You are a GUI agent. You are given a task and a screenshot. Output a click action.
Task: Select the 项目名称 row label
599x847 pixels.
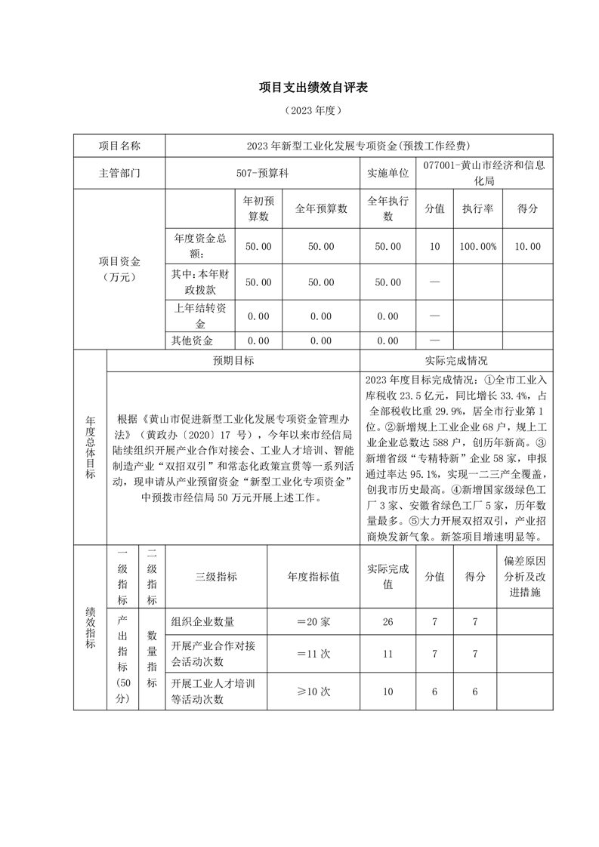click(x=119, y=146)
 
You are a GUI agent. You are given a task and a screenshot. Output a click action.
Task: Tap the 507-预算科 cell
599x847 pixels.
click(x=262, y=173)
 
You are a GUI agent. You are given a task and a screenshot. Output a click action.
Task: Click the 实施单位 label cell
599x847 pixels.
click(x=388, y=173)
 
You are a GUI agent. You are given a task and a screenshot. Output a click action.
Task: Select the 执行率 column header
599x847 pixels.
click(x=477, y=208)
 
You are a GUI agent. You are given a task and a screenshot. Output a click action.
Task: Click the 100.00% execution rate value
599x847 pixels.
click(x=477, y=246)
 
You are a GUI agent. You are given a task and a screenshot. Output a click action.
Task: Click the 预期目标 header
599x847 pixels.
click(x=233, y=361)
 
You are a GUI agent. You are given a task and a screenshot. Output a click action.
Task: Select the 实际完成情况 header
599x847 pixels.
click(x=456, y=361)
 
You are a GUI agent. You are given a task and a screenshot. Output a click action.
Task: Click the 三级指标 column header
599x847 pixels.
click(x=216, y=576)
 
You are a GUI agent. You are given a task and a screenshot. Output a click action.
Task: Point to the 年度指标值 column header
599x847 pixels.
click(x=313, y=576)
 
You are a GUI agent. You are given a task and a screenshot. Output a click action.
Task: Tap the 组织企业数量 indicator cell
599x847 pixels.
click(x=203, y=621)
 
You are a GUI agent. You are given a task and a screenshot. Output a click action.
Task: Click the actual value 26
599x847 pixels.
click(x=388, y=621)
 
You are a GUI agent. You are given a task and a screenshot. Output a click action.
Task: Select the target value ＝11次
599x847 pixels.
click(x=313, y=654)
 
